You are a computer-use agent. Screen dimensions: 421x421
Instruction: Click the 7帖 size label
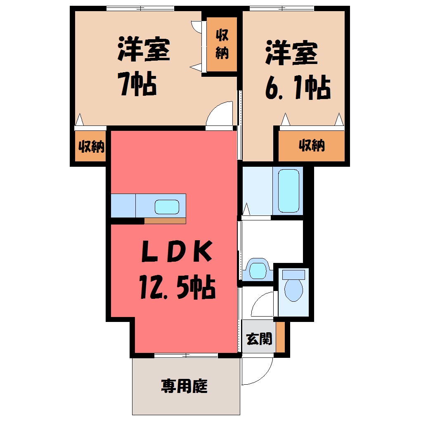tap(137, 84)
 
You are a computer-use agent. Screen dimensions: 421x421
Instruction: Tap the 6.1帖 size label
tap(298, 87)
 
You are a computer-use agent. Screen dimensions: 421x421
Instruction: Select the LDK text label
tap(177, 251)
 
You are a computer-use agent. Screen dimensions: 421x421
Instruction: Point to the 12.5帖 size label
tap(177, 287)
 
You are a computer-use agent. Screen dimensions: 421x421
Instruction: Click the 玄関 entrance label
tap(259, 339)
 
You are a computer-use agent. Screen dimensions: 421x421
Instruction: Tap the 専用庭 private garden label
tap(184, 386)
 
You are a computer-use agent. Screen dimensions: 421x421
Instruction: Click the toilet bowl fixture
tap(293, 290)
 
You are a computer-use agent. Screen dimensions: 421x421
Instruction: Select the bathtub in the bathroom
tap(289, 191)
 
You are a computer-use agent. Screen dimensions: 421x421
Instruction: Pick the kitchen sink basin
tap(167, 207)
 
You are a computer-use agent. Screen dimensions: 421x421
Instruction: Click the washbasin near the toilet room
tap(258, 269)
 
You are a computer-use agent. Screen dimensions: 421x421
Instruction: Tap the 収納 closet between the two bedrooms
tap(222, 44)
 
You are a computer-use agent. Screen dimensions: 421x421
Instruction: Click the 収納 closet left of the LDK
tap(90, 146)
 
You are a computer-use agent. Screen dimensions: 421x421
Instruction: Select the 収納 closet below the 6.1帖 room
tap(312, 146)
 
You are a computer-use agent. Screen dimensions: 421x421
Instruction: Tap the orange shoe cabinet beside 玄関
tap(280, 337)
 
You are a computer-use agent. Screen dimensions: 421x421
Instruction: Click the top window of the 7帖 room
tap(140, 8)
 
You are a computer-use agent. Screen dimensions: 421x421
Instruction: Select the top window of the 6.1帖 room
tap(281, 8)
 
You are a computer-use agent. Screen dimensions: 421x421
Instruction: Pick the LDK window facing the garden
tap(186, 355)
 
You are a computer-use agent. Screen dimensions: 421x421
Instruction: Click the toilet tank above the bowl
tap(293, 274)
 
